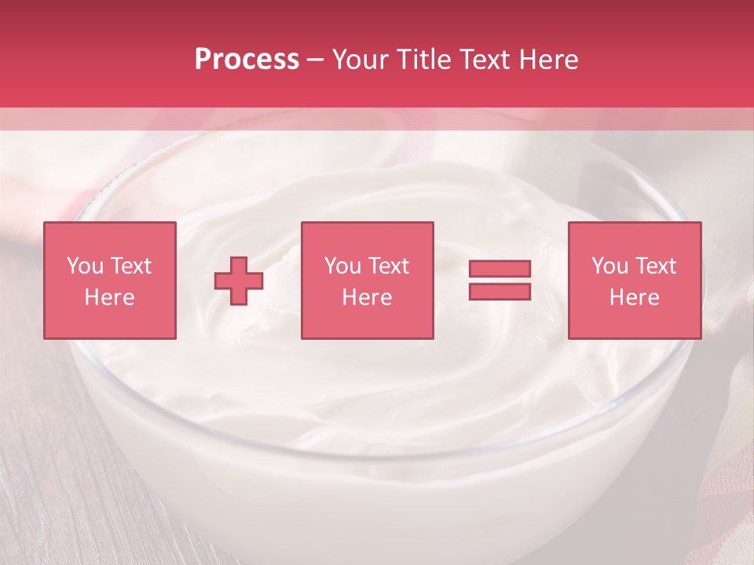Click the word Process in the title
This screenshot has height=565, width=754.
point(247,60)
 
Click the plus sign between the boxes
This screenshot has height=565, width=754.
point(239,281)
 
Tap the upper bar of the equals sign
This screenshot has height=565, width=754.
point(500,268)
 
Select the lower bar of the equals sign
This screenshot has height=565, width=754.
point(500,292)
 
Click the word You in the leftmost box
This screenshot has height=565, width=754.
point(84,266)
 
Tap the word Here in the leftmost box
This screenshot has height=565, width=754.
point(109,297)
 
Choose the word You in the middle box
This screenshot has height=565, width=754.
point(342,266)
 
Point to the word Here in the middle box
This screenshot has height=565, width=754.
point(367,297)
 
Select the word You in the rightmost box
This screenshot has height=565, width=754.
point(609,266)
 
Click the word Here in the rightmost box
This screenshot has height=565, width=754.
point(634,297)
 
